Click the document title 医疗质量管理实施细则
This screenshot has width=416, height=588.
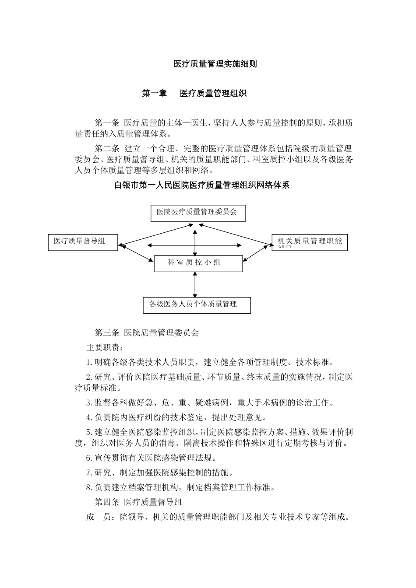[215, 64]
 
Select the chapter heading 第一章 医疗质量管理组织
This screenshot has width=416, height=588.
[194, 93]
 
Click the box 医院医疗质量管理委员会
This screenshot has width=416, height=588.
[197, 213]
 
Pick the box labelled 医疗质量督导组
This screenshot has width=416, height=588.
[83, 242]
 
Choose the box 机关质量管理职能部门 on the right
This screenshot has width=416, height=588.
[309, 242]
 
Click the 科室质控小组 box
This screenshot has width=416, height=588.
[198, 263]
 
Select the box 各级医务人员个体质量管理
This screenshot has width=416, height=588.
[197, 305]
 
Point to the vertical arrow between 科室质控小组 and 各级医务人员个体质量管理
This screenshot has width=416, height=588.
[195, 285]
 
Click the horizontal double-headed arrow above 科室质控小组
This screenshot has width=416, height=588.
[195, 245]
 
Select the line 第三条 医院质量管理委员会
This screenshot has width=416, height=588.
[147, 333]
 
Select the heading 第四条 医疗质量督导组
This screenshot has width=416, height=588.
[138, 502]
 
